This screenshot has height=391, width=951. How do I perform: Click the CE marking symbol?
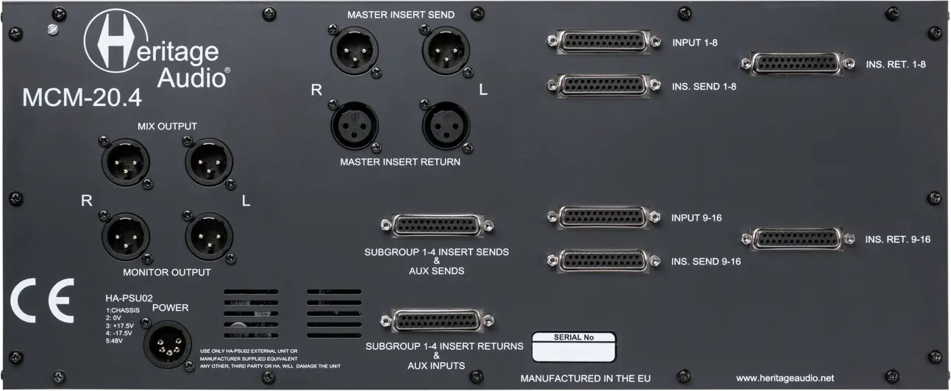click(x=42, y=301)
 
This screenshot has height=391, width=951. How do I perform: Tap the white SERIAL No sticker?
click(x=574, y=345)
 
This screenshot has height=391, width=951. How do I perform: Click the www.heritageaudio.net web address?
click(x=785, y=378)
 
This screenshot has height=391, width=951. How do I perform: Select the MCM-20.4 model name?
click(x=82, y=97)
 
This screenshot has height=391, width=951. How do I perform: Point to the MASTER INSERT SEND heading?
click(x=401, y=14)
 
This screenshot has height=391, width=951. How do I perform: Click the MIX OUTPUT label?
click(x=167, y=126)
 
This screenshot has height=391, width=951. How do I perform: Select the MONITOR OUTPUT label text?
click(x=167, y=273)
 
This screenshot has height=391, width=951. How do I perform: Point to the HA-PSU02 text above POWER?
click(x=129, y=298)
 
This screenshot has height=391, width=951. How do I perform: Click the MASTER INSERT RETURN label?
click(x=401, y=162)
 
